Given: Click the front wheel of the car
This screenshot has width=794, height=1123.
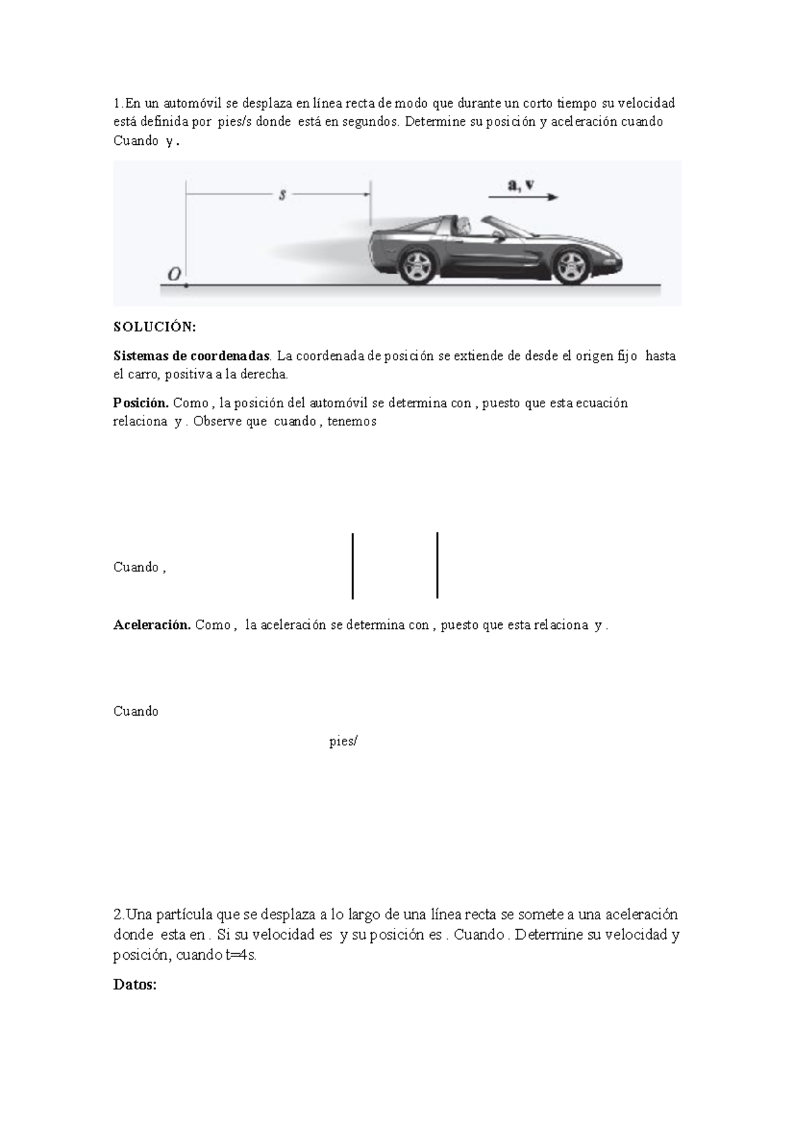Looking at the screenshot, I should [x=570, y=265].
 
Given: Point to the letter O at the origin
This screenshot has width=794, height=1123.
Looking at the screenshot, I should [x=175, y=274].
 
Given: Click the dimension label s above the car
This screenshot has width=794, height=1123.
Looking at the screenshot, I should [x=282, y=194].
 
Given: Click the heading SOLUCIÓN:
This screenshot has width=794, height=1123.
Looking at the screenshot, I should [x=155, y=327].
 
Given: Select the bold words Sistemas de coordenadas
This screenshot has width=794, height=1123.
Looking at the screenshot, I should [x=192, y=356].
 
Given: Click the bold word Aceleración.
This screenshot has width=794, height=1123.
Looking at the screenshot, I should [x=152, y=625].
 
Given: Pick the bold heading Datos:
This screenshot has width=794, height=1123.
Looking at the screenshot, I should [x=135, y=985].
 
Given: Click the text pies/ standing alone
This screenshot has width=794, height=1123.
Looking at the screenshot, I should [x=343, y=741].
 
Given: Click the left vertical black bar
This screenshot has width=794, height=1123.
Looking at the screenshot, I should [x=353, y=566].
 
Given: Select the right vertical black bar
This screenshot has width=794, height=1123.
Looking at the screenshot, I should [x=437, y=565].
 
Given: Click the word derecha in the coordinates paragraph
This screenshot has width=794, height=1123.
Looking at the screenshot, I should [x=266, y=375].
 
